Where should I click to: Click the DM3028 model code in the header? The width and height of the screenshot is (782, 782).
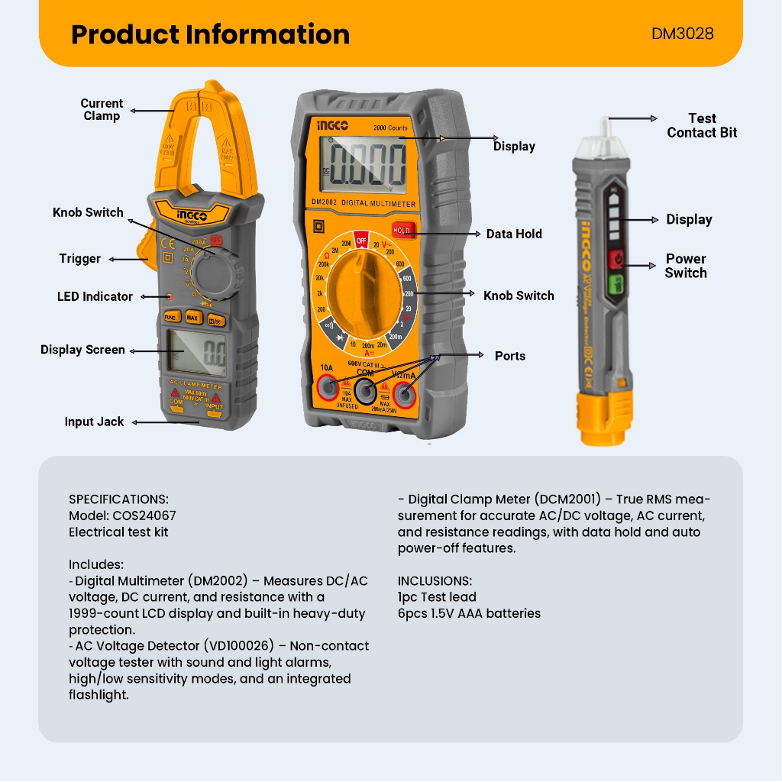tap(683, 34)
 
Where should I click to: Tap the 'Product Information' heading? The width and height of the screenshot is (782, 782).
tap(210, 34)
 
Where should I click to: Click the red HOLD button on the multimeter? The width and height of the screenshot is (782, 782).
tap(402, 231)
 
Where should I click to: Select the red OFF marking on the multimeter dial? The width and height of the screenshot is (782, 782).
tap(361, 241)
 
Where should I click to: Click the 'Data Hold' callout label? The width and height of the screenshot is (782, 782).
tap(514, 234)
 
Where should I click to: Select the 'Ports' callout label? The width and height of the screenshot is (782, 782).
tap(509, 356)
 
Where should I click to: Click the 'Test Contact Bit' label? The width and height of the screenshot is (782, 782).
tap(702, 125)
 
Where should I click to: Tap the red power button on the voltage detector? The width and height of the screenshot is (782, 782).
tap(616, 260)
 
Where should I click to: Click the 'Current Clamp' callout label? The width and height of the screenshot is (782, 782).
tap(102, 109)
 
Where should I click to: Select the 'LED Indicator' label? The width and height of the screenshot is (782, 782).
tap(95, 296)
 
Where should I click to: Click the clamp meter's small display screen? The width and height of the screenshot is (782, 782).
tap(196, 352)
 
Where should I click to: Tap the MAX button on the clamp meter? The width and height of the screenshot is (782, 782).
tap(192, 317)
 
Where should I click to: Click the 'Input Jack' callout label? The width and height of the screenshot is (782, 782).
tap(94, 422)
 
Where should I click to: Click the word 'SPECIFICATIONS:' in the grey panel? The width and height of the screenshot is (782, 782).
tap(118, 499)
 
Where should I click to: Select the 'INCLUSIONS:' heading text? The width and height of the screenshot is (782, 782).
tap(435, 581)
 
